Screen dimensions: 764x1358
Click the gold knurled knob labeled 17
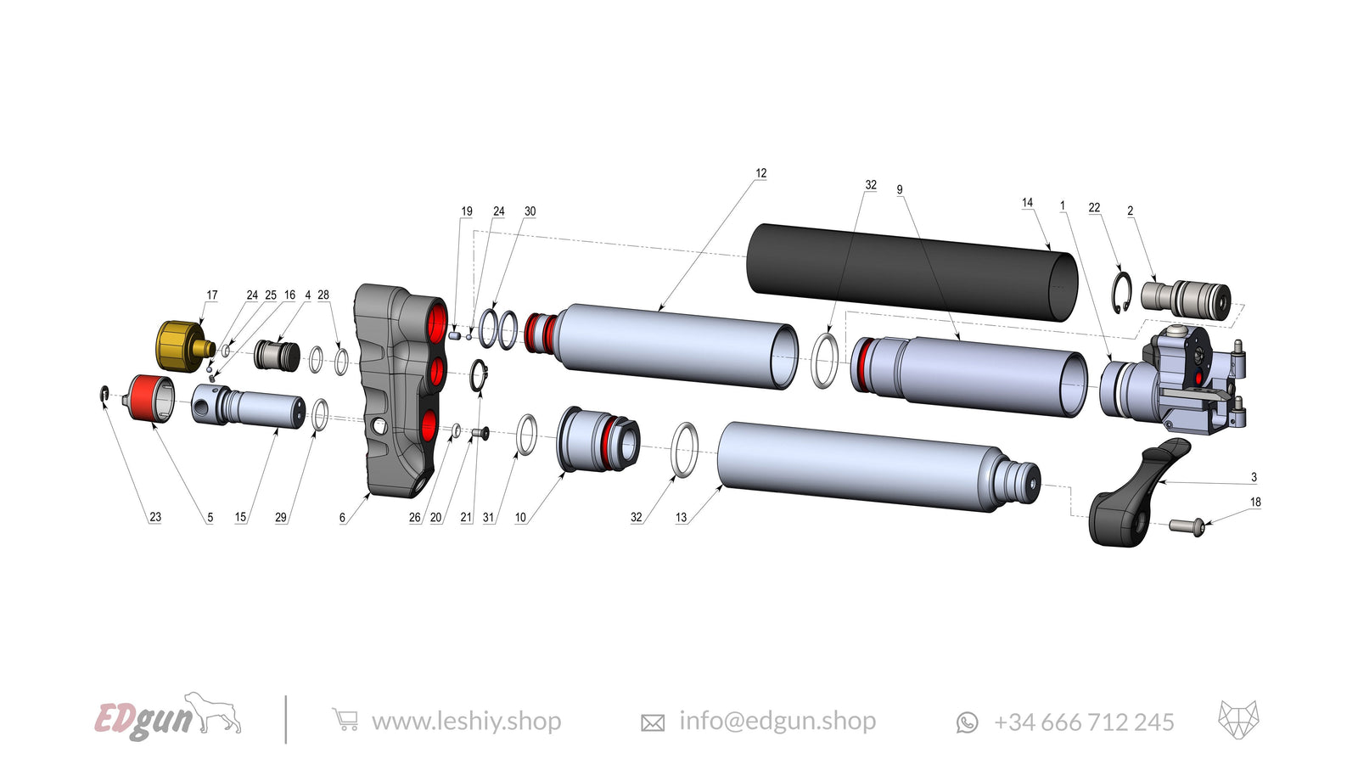point(180,340)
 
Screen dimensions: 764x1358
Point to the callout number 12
point(760,173)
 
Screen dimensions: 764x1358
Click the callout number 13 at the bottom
point(681,517)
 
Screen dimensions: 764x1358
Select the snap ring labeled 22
point(1122,292)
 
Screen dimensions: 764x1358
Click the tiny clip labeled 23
point(104,393)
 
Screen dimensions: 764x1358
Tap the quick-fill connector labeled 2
point(1185,299)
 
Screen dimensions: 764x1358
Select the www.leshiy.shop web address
point(466,722)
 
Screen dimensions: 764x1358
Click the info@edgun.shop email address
point(777,722)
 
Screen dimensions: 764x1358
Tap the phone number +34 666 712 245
point(1084,722)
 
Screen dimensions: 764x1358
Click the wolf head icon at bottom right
point(1238,720)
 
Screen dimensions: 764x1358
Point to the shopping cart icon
point(345,721)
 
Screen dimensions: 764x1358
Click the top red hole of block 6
point(438,323)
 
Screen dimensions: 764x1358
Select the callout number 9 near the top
point(900,190)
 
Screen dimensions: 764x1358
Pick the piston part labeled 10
point(597,439)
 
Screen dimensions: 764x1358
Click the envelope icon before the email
point(652,722)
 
